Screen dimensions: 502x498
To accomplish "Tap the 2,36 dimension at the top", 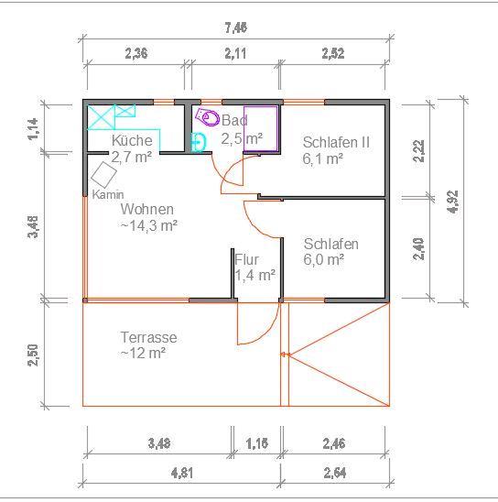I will coord(135,53).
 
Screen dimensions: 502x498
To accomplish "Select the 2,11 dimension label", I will coord(235,53).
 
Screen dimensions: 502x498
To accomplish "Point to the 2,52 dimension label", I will coord(333,53).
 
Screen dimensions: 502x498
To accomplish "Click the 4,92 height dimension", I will coord(452,201).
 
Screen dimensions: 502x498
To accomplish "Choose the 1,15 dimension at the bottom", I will coord(256,445).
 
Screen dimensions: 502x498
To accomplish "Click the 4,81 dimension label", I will coord(180,473).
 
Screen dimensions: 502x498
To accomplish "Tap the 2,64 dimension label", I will coord(335,473).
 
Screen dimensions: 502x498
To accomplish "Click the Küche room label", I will coord(132,141).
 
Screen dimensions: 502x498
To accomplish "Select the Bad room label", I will coord(234,121).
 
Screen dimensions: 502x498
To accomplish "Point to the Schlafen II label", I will coord(336,142).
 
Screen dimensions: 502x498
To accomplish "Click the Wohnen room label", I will coord(146,209).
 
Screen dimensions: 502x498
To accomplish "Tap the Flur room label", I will coord(247,259).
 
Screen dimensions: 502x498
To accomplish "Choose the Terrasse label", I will coord(148,337).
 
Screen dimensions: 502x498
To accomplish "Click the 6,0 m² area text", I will coord(324,259).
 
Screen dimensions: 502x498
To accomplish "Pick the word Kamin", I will coord(107,195).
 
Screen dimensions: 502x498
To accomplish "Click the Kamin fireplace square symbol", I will coord(103,175).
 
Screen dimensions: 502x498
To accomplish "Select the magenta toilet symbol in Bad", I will coord(209,117).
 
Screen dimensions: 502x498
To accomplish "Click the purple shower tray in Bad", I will coord(260,125).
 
